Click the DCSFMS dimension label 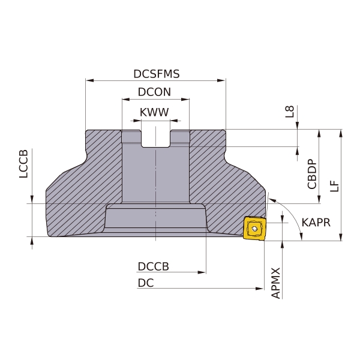pyautogui.click(x=157, y=74)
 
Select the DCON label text pyautogui.click(x=154, y=92)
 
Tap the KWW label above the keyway pyautogui.click(x=154, y=112)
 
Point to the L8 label pyautogui.click(x=290, y=112)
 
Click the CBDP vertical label pyautogui.click(x=312, y=174)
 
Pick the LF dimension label pyautogui.click(x=335, y=186)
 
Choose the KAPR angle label pyautogui.click(x=316, y=223)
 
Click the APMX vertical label pyautogui.click(x=276, y=283)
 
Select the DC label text pyautogui.click(x=146, y=283)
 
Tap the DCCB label pyautogui.click(x=154, y=266)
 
